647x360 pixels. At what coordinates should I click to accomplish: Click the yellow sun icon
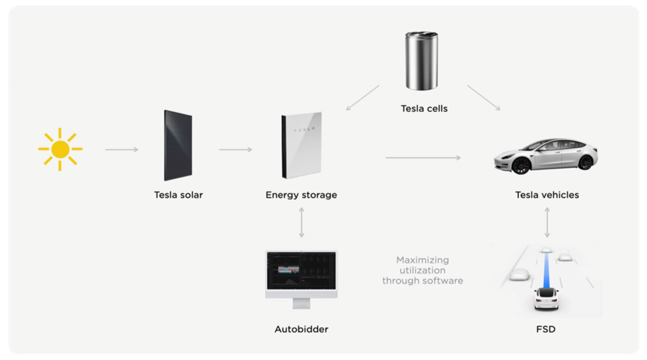(x=60, y=149)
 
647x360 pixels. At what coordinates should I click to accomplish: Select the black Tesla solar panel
(x=178, y=145)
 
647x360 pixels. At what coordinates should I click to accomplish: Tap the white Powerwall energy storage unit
(x=302, y=145)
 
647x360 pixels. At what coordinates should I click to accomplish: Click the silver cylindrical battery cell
(x=421, y=60)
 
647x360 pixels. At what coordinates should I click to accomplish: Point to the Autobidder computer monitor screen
(x=301, y=270)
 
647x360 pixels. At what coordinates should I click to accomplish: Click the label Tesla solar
(x=178, y=195)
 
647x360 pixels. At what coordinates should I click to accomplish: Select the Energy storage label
(x=301, y=195)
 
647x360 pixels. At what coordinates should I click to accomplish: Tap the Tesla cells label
(x=424, y=108)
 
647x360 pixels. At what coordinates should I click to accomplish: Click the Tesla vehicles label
(x=547, y=195)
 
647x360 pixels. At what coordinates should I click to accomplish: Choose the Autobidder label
(x=302, y=329)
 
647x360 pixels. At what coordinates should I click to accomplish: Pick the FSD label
(x=545, y=329)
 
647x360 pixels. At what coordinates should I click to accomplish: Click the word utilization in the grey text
(x=423, y=270)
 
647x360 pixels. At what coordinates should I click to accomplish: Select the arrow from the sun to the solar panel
(x=122, y=149)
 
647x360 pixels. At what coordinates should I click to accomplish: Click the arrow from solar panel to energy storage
(x=235, y=149)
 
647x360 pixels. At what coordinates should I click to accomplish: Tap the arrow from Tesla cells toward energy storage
(x=362, y=98)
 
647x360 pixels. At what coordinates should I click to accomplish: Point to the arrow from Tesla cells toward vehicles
(x=483, y=98)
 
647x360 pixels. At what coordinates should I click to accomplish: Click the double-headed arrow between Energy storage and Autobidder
(x=302, y=222)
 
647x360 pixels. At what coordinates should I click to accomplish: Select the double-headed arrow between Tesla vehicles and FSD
(x=547, y=222)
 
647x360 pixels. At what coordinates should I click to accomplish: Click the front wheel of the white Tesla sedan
(x=521, y=165)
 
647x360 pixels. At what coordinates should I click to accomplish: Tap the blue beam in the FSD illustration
(x=546, y=270)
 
